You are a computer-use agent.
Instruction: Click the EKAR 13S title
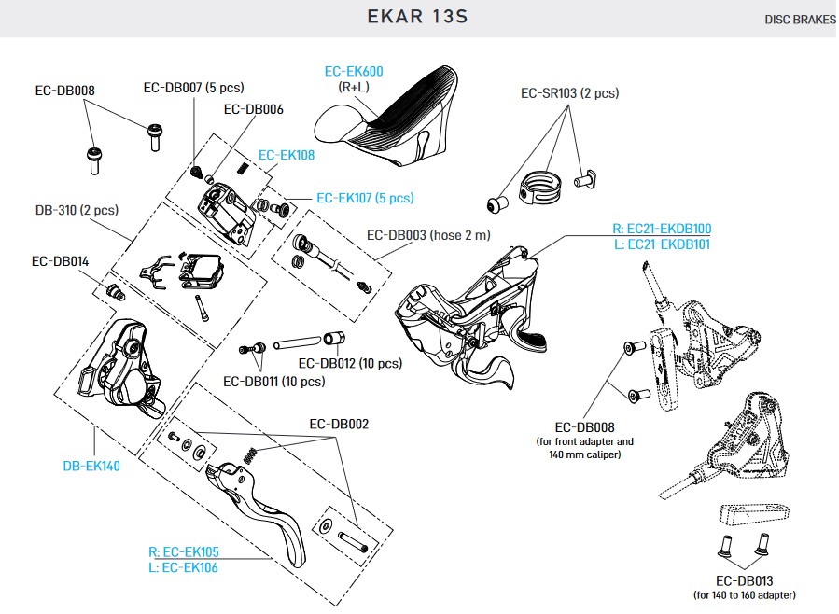point(419,17)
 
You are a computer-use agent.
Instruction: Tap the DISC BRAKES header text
point(800,20)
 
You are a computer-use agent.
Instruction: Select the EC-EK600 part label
point(354,71)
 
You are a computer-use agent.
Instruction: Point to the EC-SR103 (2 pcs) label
point(569,93)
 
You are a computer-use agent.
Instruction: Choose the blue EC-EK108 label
point(287,156)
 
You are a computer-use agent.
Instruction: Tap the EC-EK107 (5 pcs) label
point(365,198)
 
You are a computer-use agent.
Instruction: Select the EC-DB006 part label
point(254,109)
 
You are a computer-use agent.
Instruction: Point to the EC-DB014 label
point(60,262)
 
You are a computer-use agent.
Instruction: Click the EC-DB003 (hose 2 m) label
point(428,236)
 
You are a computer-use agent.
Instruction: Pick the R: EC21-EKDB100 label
point(662,229)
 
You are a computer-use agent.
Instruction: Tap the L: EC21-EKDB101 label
point(662,244)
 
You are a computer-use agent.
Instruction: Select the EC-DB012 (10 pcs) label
point(350,363)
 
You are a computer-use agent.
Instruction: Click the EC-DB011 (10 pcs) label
point(274,382)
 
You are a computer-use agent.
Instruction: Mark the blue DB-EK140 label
point(91,466)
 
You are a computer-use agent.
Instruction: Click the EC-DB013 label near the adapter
point(746,579)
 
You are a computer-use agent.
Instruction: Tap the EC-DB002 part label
point(339,424)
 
